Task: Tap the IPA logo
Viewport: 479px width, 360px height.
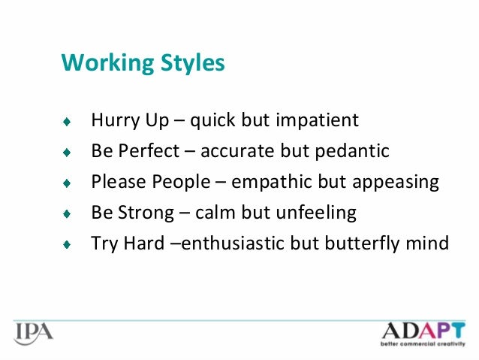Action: click(x=33, y=332)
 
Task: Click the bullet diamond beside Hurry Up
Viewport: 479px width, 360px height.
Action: click(x=67, y=122)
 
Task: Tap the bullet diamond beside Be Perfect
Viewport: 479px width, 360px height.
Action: click(x=67, y=153)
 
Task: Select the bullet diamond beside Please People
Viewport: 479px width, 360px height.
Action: click(x=67, y=183)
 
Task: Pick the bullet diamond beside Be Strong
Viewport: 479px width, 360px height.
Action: click(x=67, y=214)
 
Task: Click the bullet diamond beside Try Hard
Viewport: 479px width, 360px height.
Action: click(x=67, y=245)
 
